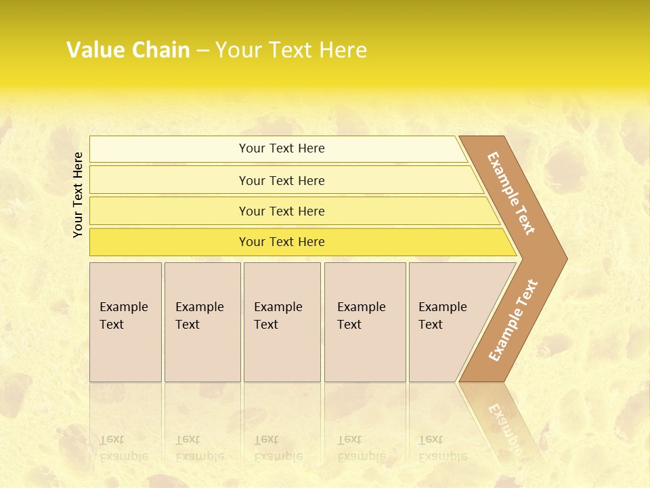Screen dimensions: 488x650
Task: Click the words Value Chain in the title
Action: [x=128, y=50]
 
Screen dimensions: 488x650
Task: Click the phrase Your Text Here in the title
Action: [x=291, y=50]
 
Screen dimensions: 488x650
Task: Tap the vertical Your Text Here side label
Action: [x=78, y=195]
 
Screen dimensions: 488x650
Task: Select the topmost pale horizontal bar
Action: [x=169, y=149]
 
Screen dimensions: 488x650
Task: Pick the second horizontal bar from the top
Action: [x=169, y=180]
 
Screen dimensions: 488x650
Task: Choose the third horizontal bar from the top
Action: [x=169, y=211]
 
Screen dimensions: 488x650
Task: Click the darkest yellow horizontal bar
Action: [x=169, y=242]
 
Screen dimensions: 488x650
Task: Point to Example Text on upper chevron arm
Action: [x=511, y=193]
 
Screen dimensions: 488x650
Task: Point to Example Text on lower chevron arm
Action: [x=513, y=321]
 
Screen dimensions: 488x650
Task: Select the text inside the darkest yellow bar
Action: [x=282, y=242]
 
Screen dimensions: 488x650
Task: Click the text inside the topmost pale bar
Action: [x=282, y=148]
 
